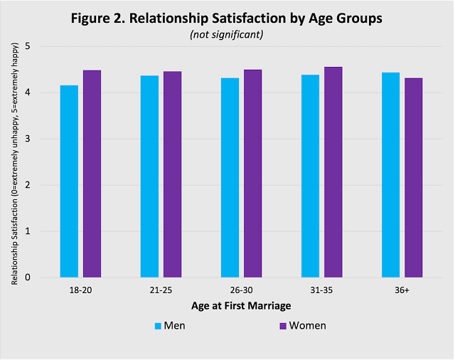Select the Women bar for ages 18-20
[x=92, y=174]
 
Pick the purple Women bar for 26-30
[x=252, y=174]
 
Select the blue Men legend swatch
[x=158, y=326]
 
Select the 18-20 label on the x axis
[x=80, y=291]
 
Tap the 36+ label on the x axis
[x=402, y=291]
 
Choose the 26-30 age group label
[x=241, y=291]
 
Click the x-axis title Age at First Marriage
[x=241, y=306]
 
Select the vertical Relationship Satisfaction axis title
[x=14, y=162]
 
